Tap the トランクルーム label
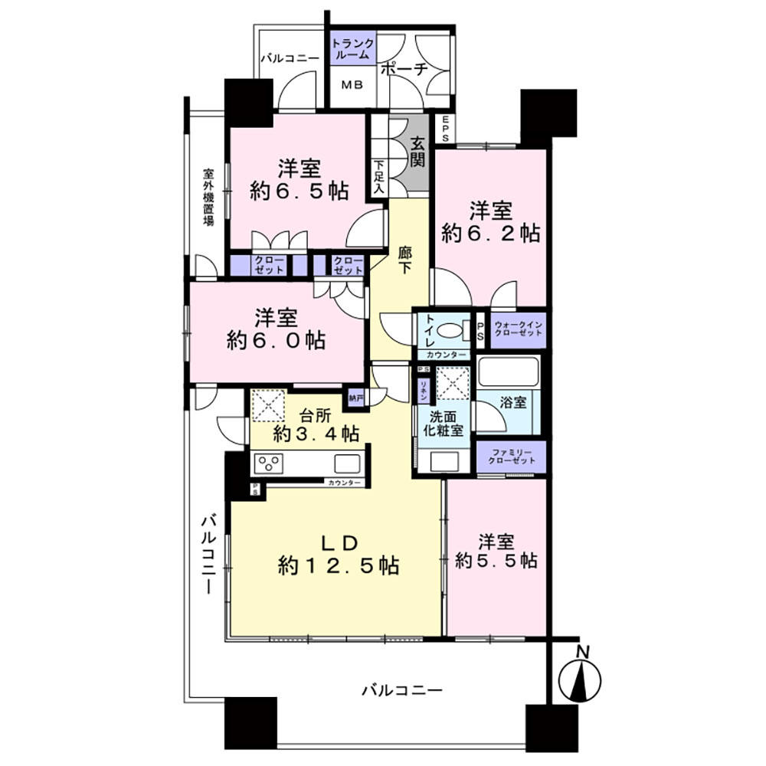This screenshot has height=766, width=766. (352, 50)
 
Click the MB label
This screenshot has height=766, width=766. (351, 86)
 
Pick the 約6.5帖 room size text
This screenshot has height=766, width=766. (299, 191)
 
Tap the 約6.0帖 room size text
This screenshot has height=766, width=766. (276, 339)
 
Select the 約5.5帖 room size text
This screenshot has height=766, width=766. (496, 561)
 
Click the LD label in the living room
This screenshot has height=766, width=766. (339, 543)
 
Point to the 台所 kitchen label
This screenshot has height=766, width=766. (315, 417)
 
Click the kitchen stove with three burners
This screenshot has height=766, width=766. (269, 463)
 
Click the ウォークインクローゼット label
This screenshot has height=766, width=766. (518, 331)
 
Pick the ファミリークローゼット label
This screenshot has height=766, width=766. (511, 458)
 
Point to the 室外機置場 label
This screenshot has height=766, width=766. (208, 197)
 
